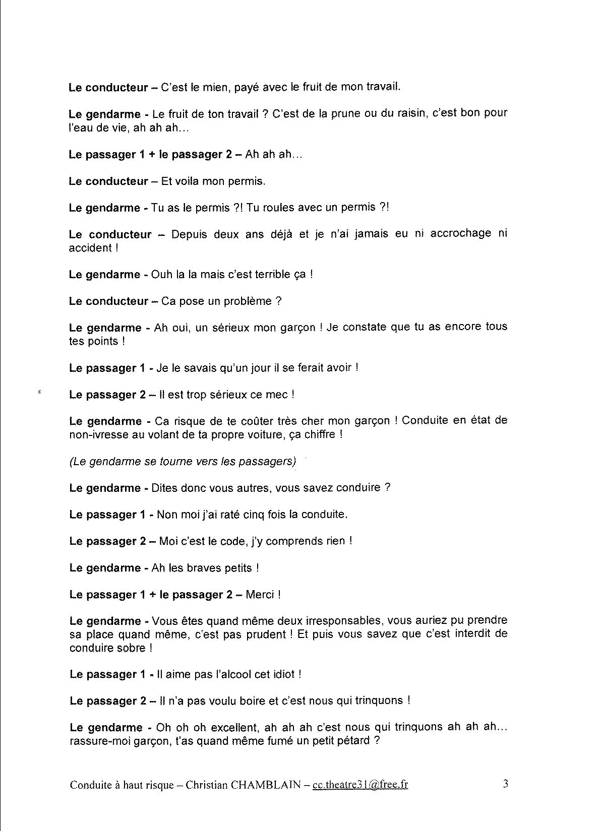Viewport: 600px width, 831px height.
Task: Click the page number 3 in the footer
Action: [x=505, y=784]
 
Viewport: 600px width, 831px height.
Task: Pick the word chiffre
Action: [x=321, y=434]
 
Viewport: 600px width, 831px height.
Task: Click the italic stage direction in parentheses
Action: [x=183, y=461]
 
